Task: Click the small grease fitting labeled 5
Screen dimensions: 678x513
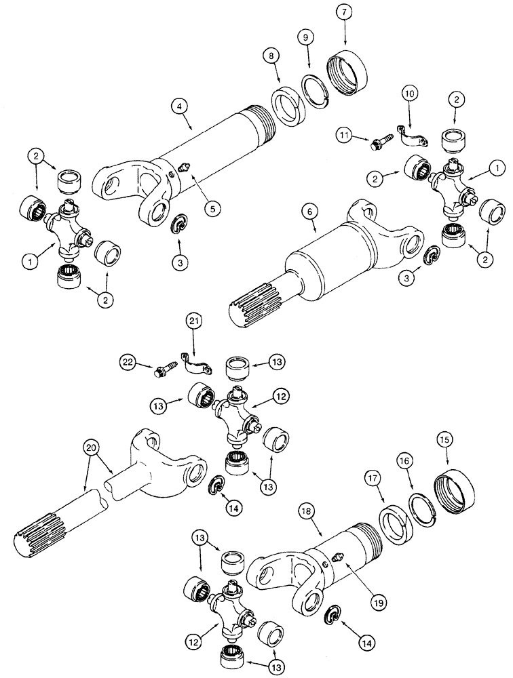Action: (184, 169)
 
